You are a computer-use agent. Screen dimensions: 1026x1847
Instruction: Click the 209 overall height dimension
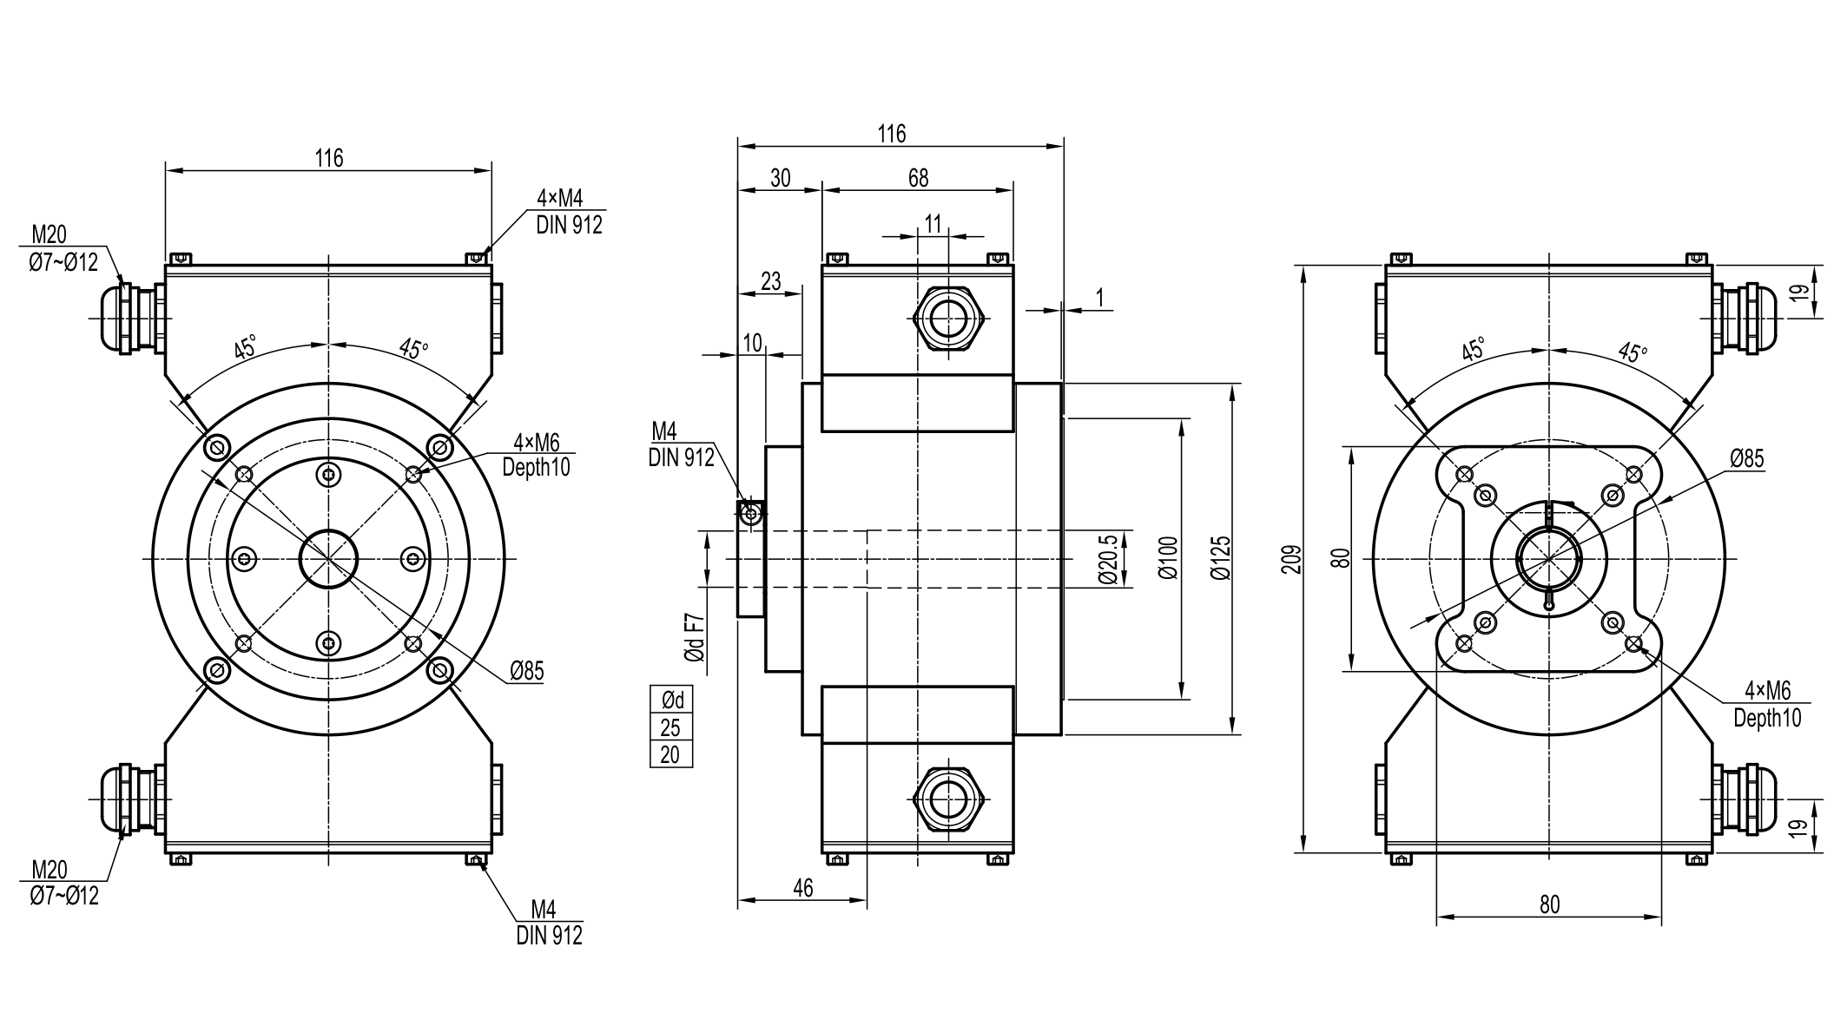(x=1291, y=558)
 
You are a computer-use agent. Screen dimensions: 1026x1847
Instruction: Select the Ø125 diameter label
(x=1221, y=558)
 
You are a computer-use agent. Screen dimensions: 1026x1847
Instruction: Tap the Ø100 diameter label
(x=1169, y=558)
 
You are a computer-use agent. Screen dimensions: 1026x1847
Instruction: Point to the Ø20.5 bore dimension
(x=1108, y=559)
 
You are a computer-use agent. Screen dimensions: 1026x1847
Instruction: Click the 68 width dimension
(x=918, y=178)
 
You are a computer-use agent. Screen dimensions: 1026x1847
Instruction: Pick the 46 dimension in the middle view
(x=803, y=888)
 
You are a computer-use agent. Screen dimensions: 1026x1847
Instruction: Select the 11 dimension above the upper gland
(x=933, y=225)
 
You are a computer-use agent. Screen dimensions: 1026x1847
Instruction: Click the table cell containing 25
(x=670, y=727)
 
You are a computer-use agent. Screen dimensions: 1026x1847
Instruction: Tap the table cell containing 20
(x=670, y=755)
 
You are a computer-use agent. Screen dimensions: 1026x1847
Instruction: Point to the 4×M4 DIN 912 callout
(x=569, y=212)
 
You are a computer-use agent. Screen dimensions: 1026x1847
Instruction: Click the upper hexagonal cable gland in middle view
(x=949, y=319)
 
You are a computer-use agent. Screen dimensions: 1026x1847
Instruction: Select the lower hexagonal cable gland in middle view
(x=949, y=799)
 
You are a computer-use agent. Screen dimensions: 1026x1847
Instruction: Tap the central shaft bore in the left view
(x=328, y=559)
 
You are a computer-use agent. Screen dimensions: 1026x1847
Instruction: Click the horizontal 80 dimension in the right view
(x=1549, y=904)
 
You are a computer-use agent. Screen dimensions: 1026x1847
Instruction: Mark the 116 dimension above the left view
(x=329, y=158)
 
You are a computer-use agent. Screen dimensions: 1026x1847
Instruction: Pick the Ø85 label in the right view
(x=1746, y=458)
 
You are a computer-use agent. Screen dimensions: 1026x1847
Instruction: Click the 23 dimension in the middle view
(x=770, y=281)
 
